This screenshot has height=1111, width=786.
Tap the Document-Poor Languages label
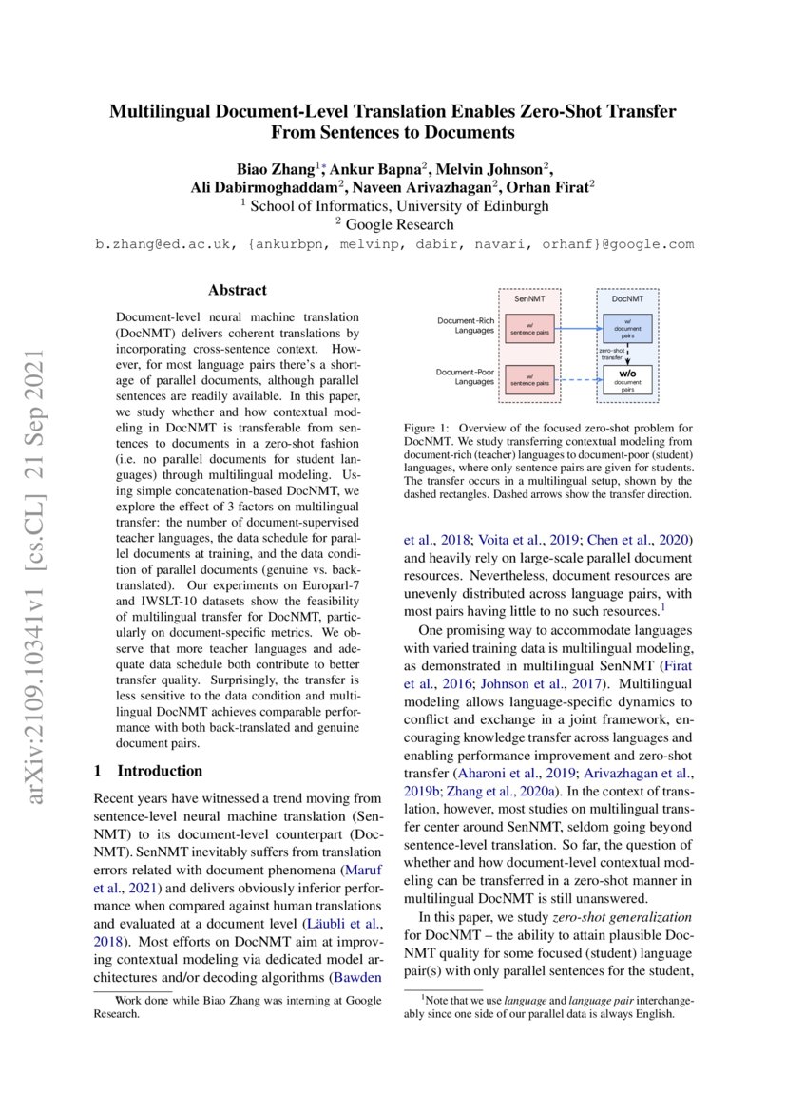point(466,375)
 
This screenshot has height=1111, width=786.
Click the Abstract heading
point(238,290)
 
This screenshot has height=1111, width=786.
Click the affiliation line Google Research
point(400,224)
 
